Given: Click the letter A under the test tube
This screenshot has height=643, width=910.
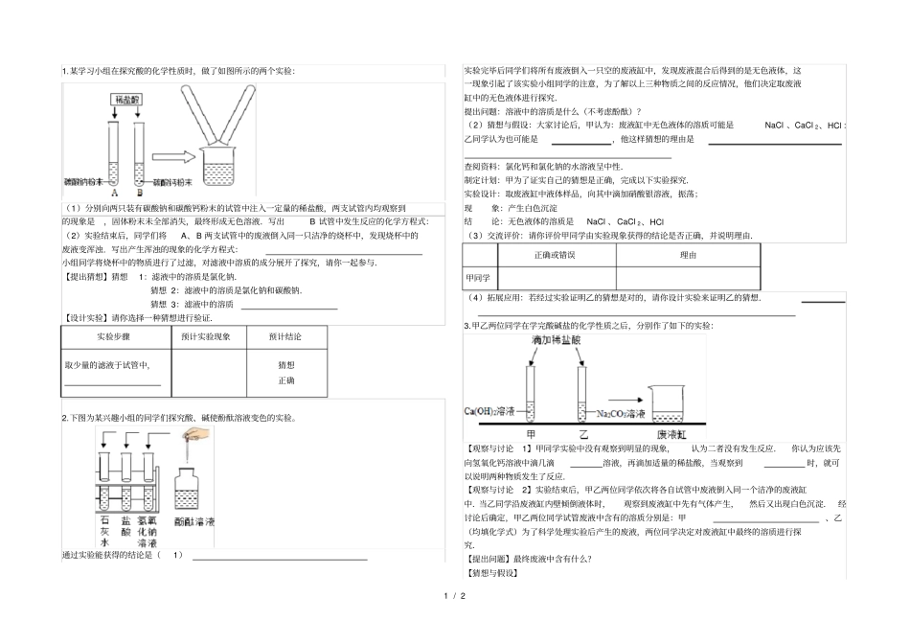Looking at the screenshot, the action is coord(115,192).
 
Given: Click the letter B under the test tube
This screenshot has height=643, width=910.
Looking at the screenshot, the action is coord(139,192).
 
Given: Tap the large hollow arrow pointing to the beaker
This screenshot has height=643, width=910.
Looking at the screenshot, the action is coord(173,154).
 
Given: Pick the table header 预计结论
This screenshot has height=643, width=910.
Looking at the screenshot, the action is coord(285,338).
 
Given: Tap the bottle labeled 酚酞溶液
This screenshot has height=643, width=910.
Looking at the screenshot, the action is coord(195,494).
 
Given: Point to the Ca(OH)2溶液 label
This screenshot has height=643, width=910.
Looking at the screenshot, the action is coord(495,414).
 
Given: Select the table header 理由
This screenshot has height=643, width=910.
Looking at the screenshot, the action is coord(688,255).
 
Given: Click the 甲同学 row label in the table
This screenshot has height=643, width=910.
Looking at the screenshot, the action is coord(477,278).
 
